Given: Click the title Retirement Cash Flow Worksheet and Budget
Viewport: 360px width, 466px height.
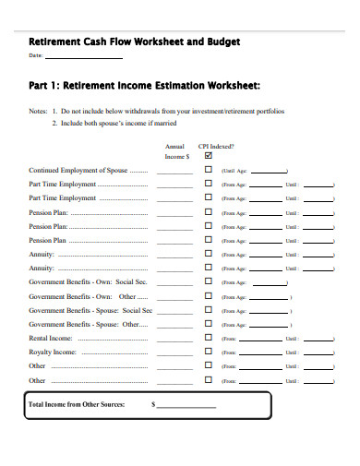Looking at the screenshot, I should (135, 42).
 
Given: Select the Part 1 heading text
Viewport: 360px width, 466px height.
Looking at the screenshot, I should (145, 87).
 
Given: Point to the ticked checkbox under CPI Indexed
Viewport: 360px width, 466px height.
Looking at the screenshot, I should (209, 156).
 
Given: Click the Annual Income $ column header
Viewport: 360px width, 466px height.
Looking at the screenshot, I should (175, 151).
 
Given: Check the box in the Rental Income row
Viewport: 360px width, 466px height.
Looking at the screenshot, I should (209, 339).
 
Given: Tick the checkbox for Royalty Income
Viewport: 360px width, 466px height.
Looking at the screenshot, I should (209, 352).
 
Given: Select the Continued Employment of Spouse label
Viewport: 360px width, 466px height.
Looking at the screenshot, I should (88, 171).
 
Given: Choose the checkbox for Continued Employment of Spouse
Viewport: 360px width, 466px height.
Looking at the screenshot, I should (209, 170).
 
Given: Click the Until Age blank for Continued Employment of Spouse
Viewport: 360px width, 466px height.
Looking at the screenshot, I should (268, 172).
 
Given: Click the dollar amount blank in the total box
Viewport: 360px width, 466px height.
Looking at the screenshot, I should (186, 406).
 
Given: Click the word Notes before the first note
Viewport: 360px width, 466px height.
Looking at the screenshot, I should (38, 110).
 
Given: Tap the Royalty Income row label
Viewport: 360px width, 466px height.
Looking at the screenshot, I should (53, 352).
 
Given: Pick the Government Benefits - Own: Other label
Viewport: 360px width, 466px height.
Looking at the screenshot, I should (87, 297).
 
